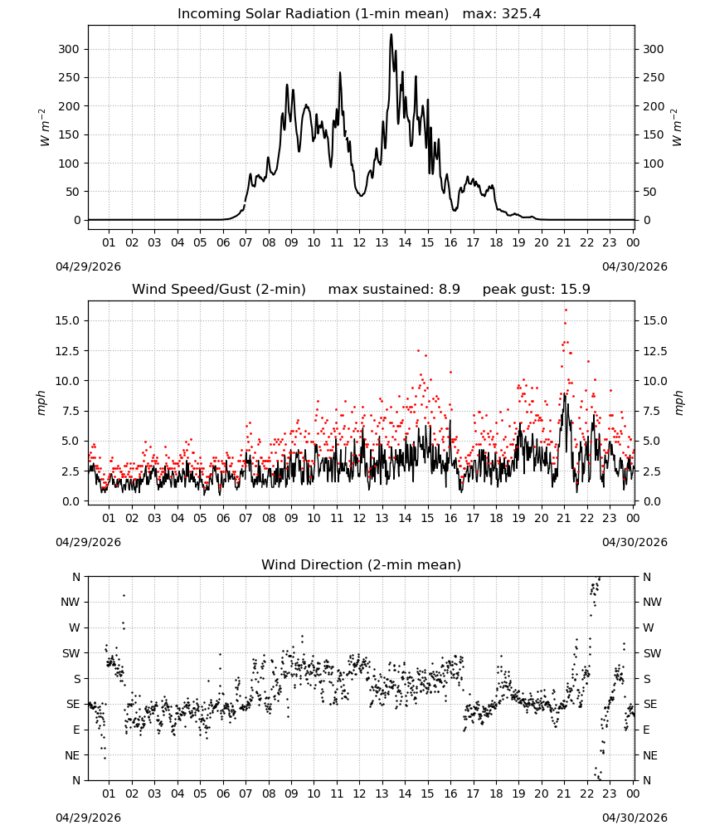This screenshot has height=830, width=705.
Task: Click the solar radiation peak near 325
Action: click(x=391, y=35)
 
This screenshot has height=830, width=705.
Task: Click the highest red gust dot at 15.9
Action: click(x=566, y=310)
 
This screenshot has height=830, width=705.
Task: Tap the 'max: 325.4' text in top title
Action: click(x=502, y=13)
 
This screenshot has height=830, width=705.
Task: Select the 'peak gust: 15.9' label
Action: click(x=536, y=289)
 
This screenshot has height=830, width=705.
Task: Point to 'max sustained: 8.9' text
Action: click(x=394, y=289)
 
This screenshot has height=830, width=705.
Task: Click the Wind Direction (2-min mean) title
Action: click(x=362, y=564)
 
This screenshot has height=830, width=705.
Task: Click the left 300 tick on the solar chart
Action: click(x=69, y=49)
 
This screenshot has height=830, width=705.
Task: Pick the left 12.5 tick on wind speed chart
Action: click(x=66, y=351)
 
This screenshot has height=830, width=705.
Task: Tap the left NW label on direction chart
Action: click(x=70, y=602)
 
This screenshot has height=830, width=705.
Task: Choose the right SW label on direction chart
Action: click(x=652, y=653)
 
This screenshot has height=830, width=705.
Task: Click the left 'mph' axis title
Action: click(x=41, y=403)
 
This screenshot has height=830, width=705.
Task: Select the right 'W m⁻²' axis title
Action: click(x=678, y=127)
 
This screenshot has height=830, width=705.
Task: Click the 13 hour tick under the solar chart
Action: click(x=382, y=242)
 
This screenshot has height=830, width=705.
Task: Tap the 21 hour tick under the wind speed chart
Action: click(x=564, y=518)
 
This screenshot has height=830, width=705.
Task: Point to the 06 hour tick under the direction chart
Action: click(x=223, y=793)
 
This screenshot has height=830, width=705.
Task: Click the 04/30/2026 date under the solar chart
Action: click(x=634, y=266)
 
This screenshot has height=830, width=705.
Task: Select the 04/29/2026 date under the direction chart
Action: click(x=88, y=818)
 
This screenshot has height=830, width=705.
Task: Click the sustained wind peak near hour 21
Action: click(x=565, y=394)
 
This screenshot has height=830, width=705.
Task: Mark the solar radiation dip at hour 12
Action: click(x=362, y=195)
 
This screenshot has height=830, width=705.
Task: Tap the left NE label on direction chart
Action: click(x=72, y=755)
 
